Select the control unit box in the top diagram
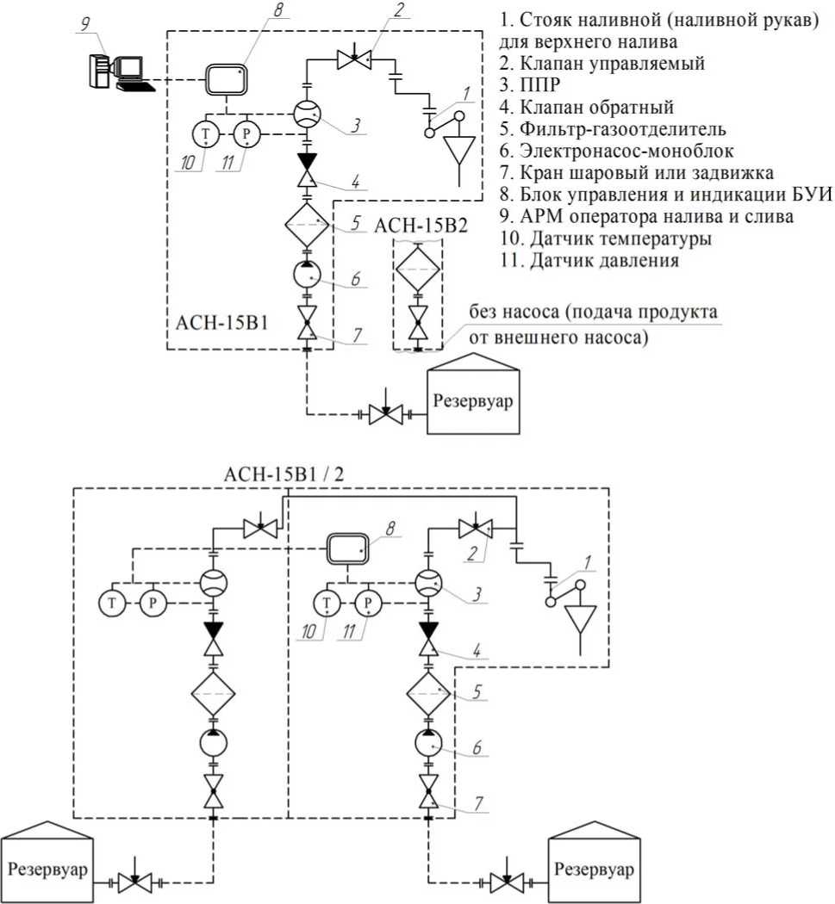[227, 79]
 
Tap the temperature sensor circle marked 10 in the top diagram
[205, 134]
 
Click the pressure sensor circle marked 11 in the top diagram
[246, 134]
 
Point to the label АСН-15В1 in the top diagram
[222, 322]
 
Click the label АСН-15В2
[421, 226]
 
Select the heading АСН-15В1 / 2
[284, 474]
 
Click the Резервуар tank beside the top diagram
[473, 393]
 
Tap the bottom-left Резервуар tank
[47, 863]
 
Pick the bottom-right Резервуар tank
[594, 863]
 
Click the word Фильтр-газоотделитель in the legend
[623, 129]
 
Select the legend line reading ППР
[530, 84]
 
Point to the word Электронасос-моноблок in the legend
[626, 151]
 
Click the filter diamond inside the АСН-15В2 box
[418, 269]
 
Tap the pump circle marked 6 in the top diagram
[307, 276]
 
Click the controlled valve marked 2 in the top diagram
[354, 59]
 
